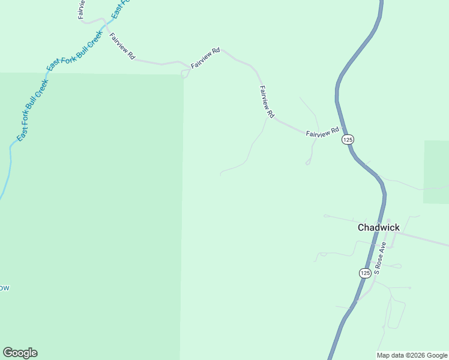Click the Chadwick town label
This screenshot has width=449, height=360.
click(378, 227)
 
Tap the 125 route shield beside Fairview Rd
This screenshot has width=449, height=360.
click(348, 139)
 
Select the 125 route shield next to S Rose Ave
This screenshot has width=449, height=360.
click(365, 273)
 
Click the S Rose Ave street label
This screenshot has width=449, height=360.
click(379, 258)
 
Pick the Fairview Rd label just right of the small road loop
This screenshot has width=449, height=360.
click(206, 58)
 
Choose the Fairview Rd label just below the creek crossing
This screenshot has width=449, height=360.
click(122, 46)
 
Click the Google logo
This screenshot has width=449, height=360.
click(20, 353)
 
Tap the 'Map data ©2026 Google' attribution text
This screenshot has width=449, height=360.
click(412, 355)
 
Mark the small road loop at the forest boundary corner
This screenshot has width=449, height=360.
click(185, 74)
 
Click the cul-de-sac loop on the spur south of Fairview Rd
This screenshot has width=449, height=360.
click(308, 163)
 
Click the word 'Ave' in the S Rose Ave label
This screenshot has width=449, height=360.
click(382, 248)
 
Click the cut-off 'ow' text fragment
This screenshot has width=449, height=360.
click(4, 288)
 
